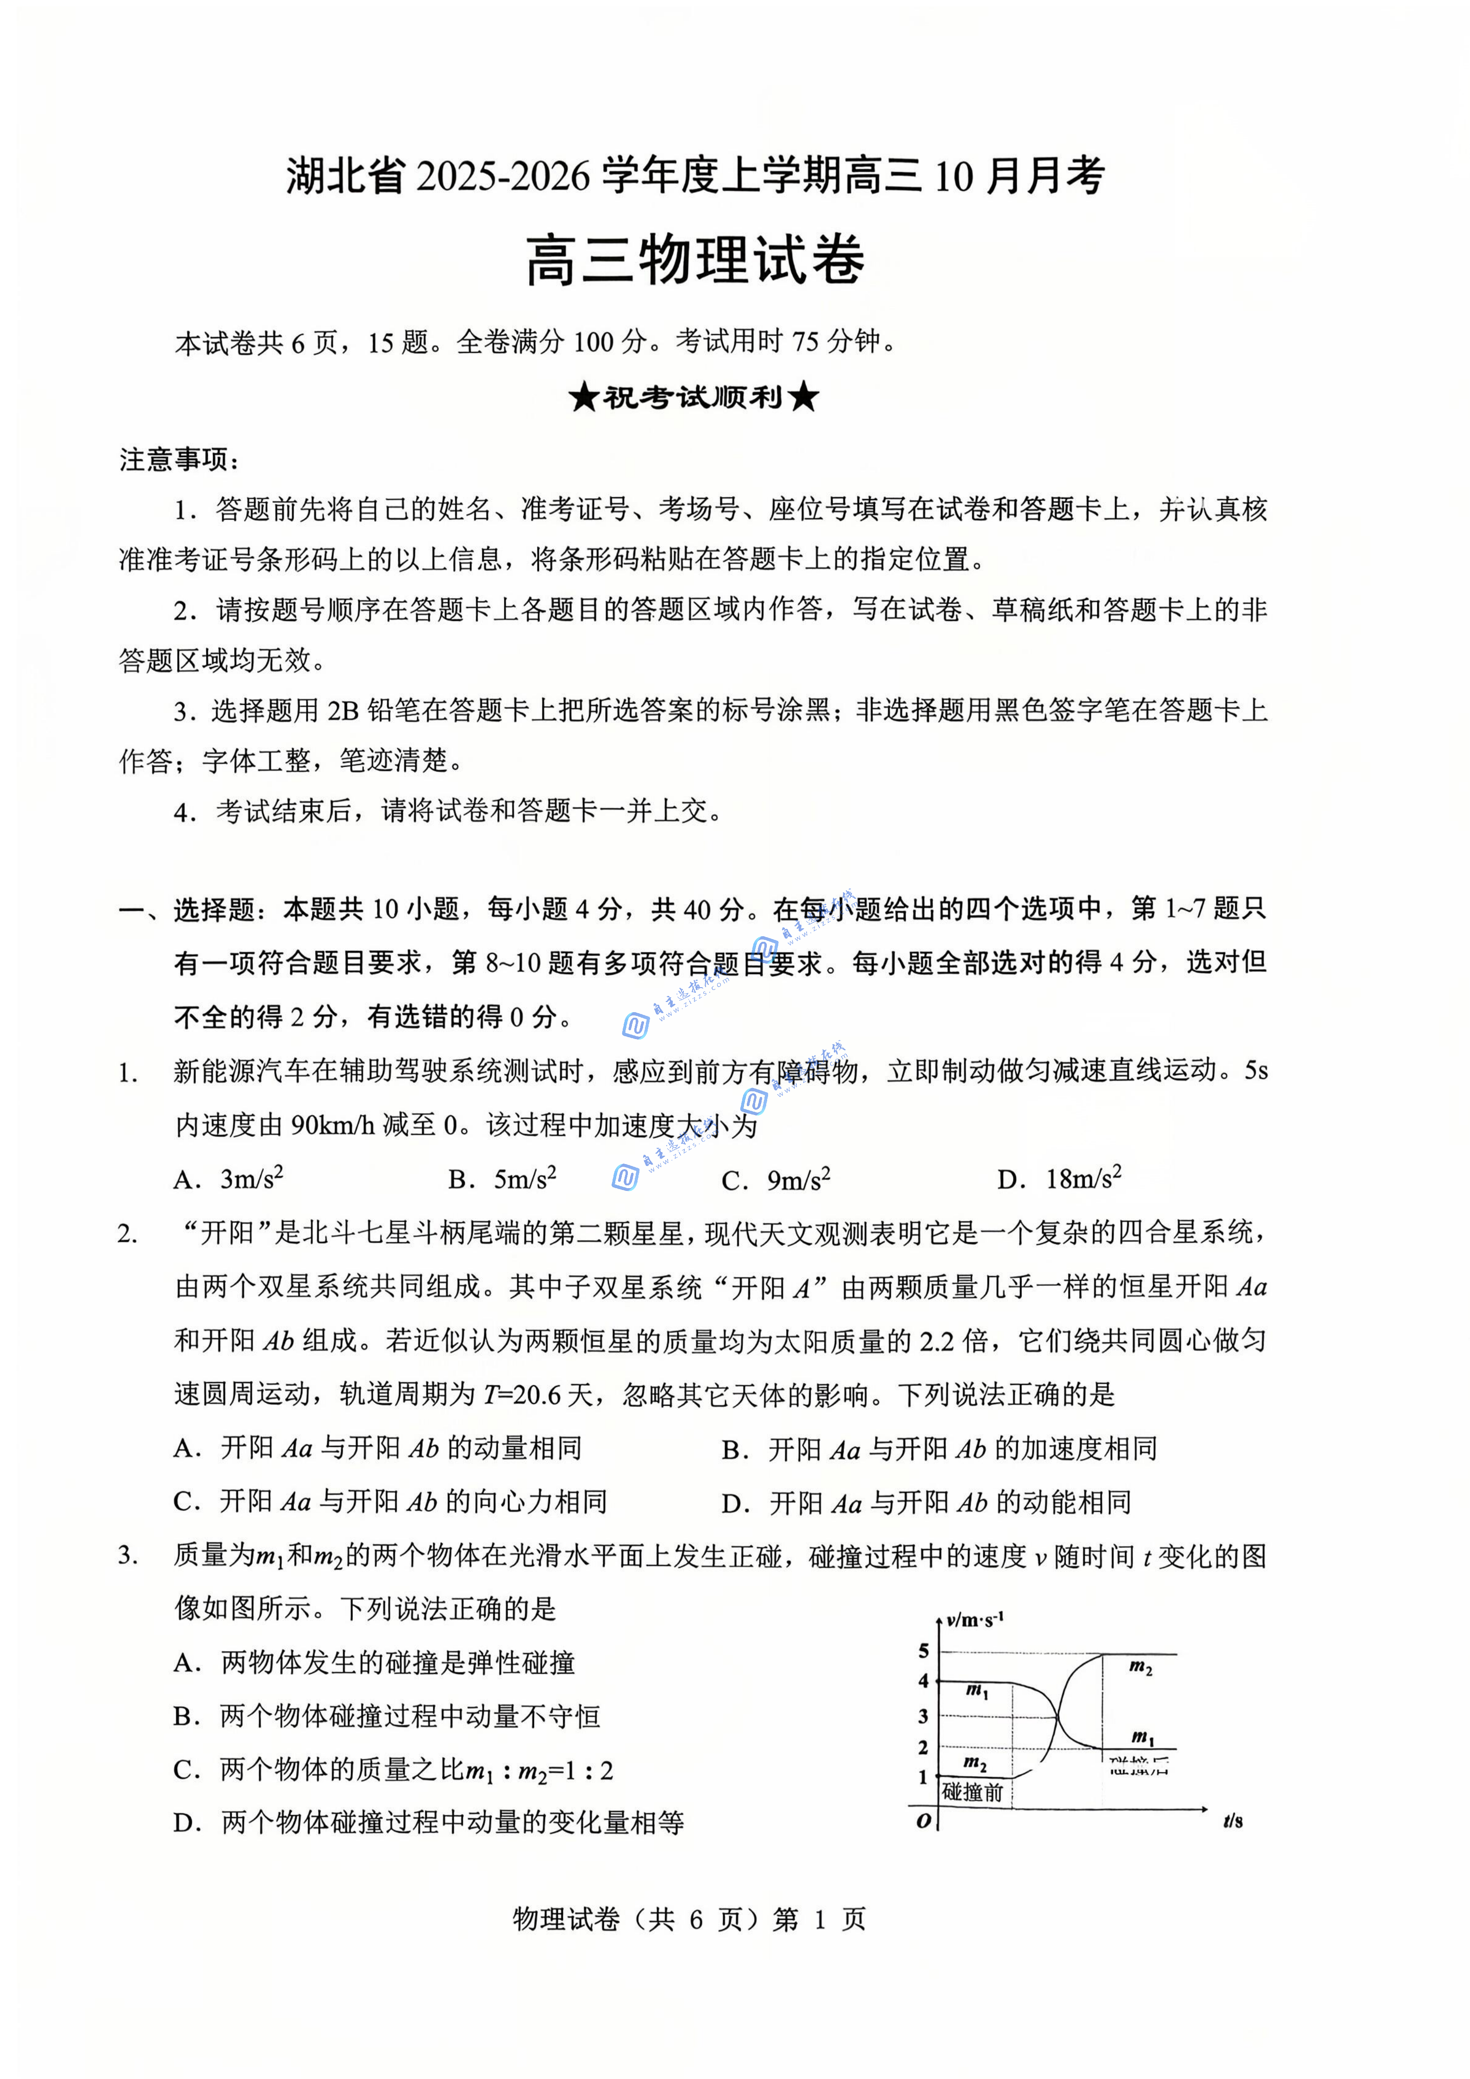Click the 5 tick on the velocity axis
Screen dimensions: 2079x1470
coord(923,1651)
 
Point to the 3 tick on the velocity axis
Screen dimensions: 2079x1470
coord(923,1716)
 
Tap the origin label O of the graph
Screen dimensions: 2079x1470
coord(923,1821)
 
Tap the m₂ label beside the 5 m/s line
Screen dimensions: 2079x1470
coord(1140,1667)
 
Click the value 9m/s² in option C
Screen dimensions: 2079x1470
coord(798,1179)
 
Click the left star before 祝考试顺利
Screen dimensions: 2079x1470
coord(584,397)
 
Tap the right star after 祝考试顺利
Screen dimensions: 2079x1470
coord(804,397)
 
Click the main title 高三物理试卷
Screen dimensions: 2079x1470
coord(695,261)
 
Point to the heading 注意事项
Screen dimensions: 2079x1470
coord(178,460)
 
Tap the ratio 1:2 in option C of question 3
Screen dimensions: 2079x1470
coord(593,1770)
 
